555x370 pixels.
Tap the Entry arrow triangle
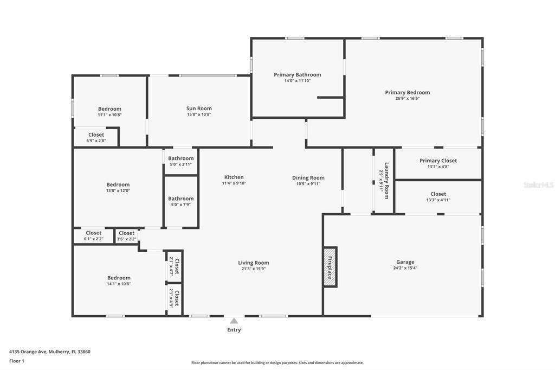[x=234, y=321]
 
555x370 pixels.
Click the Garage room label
[x=405, y=261]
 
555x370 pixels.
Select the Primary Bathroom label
[x=297, y=75]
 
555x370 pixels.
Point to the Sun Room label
[x=199, y=109]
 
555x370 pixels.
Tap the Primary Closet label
[x=438, y=161]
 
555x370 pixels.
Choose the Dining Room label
[x=308, y=177]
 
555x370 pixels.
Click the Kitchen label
[x=234, y=177]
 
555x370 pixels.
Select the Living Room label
[x=254, y=263]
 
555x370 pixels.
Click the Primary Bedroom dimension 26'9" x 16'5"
[x=408, y=98]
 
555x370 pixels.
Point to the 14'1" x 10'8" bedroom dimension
[x=119, y=284]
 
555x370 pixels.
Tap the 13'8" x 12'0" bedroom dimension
[x=118, y=190]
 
